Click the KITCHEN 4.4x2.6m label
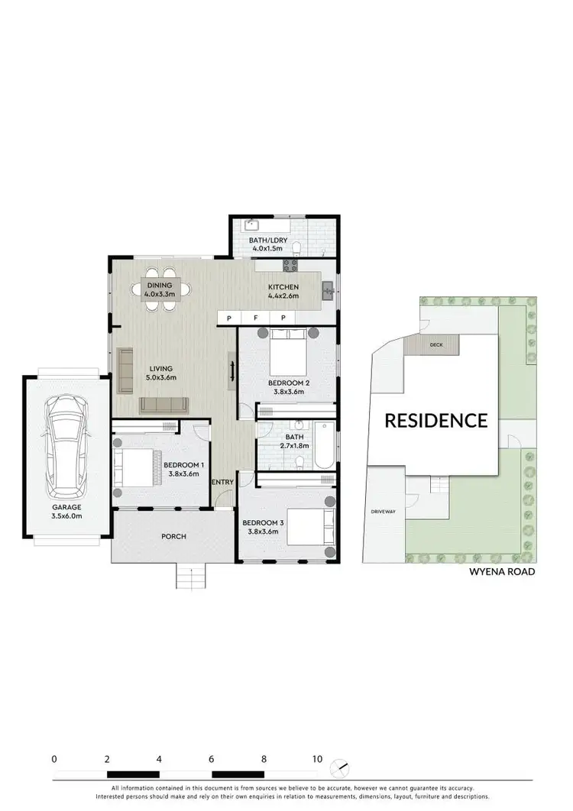[x=283, y=291]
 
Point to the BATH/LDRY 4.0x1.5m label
[x=267, y=244]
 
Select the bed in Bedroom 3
[x=310, y=526]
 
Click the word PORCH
[x=173, y=536]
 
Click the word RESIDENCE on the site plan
[x=435, y=420]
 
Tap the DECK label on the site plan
[x=436, y=345]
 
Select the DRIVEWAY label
[x=382, y=512]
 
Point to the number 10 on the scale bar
[x=316, y=760]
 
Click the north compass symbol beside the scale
[x=340, y=766]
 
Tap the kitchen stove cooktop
[x=290, y=266]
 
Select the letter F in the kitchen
[x=256, y=317]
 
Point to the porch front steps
[x=192, y=576]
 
